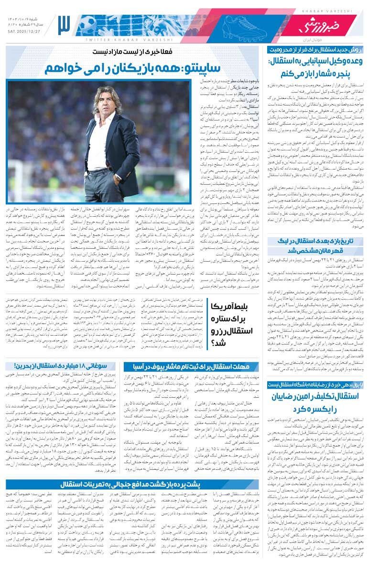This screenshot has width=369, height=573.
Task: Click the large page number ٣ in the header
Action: tap(64, 25)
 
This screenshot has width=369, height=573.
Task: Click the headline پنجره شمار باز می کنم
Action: tap(315, 73)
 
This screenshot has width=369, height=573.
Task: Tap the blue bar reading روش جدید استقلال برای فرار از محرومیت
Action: tap(315, 50)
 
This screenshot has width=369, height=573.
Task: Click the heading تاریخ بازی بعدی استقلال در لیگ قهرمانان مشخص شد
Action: tap(315, 246)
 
